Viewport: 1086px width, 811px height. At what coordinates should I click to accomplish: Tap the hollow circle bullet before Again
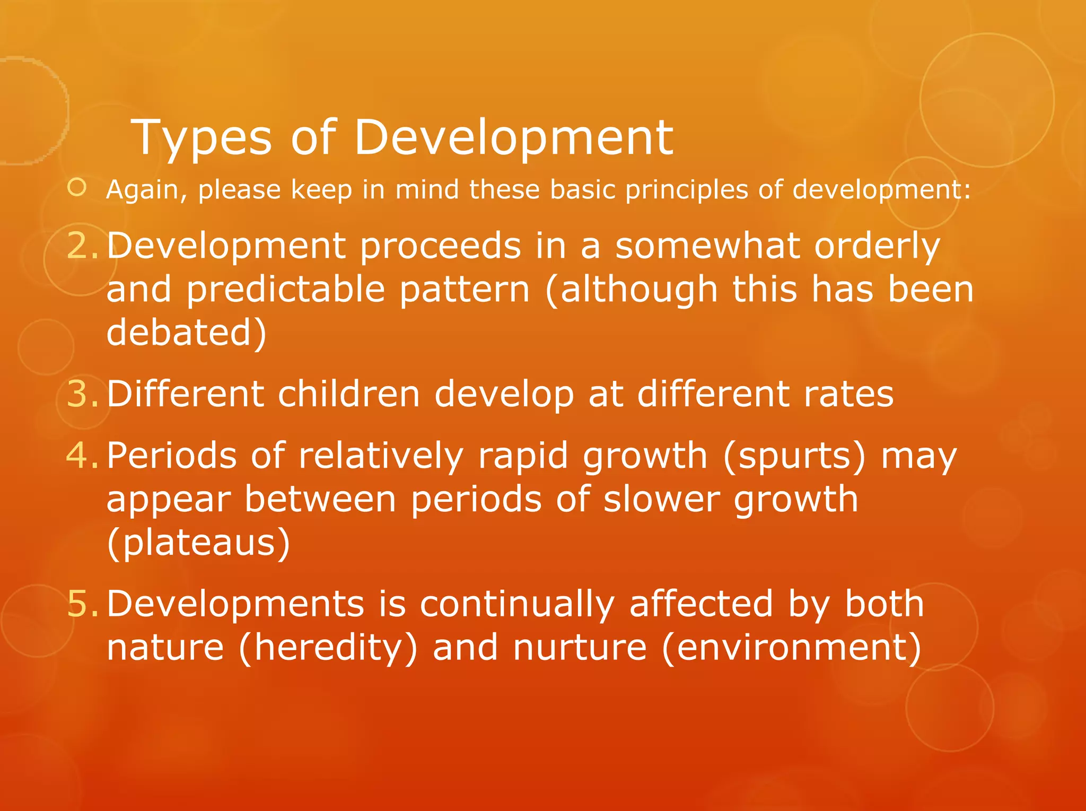tap(77, 188)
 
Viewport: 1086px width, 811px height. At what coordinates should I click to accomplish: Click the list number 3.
tap(83, 394)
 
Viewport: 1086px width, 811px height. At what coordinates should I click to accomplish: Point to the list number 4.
tap(83, 456)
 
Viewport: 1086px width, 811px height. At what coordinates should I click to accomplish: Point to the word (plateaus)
tap(198, 543)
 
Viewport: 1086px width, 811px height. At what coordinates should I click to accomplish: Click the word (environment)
tap(792, 648)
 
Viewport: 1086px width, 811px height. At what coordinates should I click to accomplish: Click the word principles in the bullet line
tap(687, 190)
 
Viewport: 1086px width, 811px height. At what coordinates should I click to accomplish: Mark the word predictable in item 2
tap(285, 290)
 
